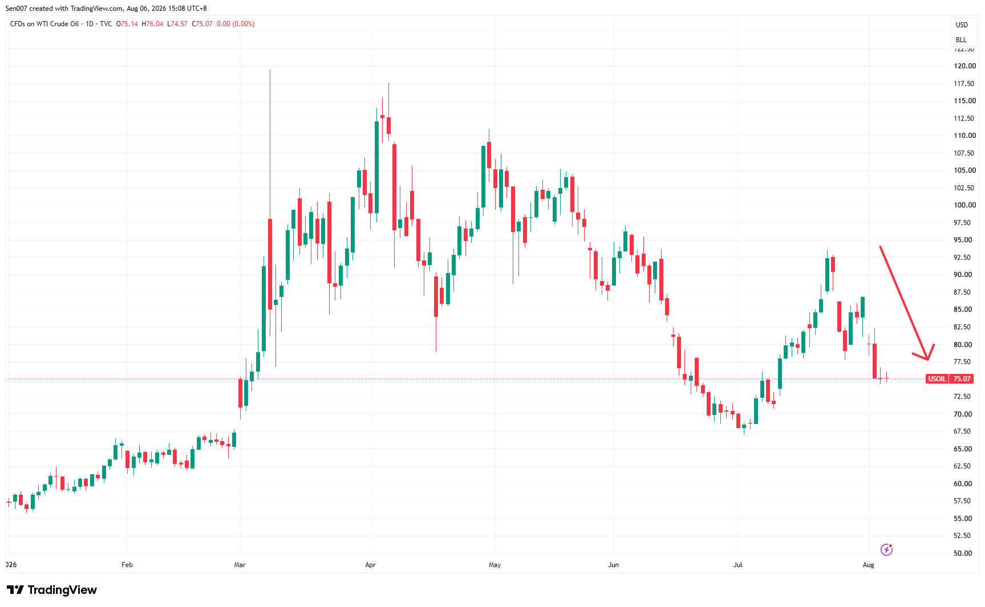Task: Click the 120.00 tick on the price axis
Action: pos(964,66)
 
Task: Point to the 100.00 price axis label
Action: pos(964,205)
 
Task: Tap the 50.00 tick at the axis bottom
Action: pos(963,553)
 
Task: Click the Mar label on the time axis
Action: pos(240,565)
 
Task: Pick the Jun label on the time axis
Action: pos(613,565)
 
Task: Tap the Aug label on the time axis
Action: pos(868,565)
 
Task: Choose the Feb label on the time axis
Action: pos(127,565)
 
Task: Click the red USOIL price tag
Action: pos(949,379)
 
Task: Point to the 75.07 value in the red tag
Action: pos(962,379)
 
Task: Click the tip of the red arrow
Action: pos(928,360)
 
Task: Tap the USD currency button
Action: pos(962,25)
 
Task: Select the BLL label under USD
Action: pos(962,40)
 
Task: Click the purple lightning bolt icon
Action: pos(886,549)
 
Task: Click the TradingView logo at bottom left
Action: pos(52,590)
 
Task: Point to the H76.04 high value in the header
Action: pos(152,24)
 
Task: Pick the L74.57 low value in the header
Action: pos(177,24)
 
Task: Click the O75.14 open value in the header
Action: pos(127,24)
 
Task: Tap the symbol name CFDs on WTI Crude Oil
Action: pos(44,24)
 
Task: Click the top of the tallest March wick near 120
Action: pos(270,70)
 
